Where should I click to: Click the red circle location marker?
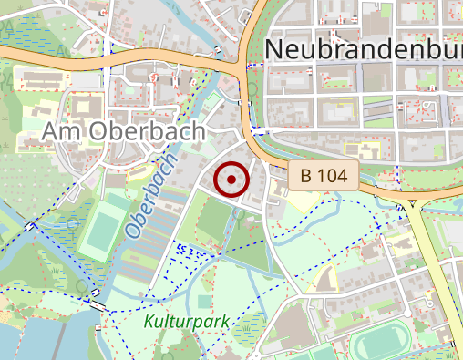coord(231,180)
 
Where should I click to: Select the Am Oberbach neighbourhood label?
coord(124,133)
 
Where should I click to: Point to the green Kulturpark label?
coord(185,322)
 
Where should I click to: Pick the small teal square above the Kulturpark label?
coord(204,301)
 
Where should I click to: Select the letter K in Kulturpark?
coord(149,322)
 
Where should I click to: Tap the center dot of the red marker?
coord(231,180)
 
